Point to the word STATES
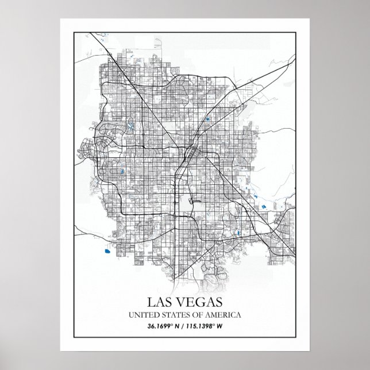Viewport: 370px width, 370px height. [x=175, y=315]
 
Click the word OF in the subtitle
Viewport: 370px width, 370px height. [x=197, y=315]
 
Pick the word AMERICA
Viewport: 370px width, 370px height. [x=223, y=315]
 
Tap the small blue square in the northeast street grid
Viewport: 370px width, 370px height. [x=207, y=120]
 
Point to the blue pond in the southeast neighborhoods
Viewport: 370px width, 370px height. [x=237, y=233]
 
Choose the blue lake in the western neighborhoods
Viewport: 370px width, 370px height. [x=121, y=171]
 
